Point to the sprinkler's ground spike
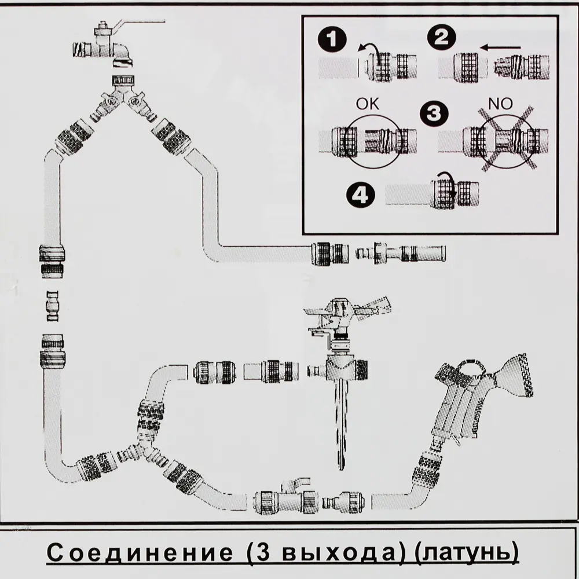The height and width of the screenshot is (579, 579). pyautogui.click(x=340, y=423)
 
